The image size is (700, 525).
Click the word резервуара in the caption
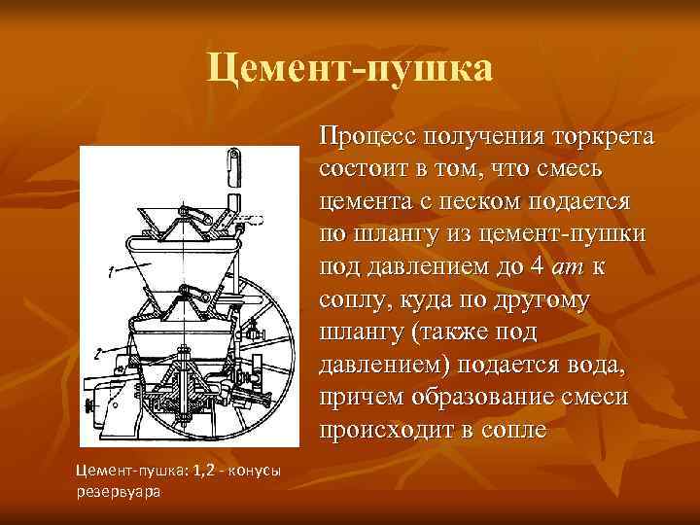(x=118, y=491)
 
